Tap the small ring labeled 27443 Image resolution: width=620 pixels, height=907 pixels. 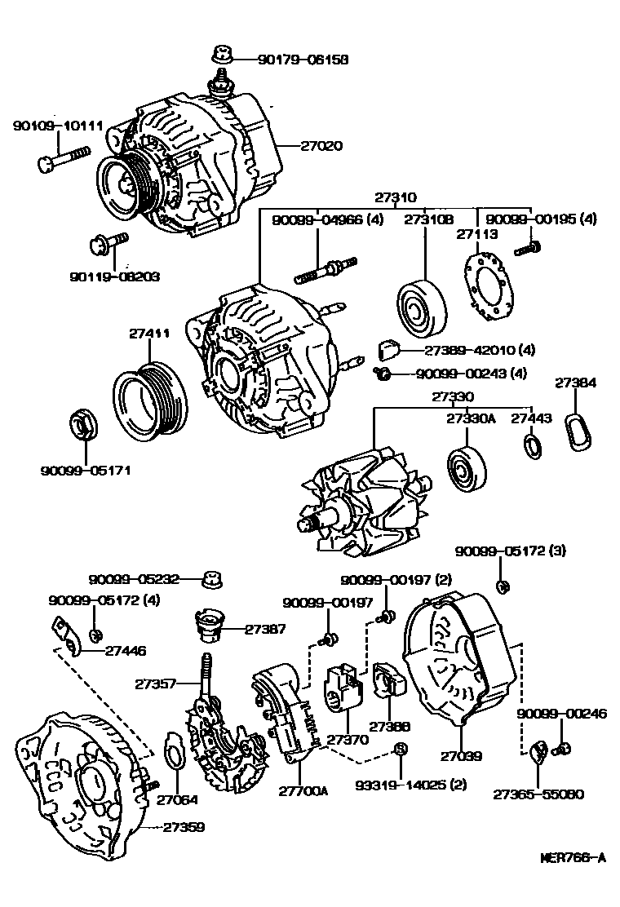click(x=531, y=446)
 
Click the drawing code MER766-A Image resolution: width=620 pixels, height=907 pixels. click(x=573, y=857)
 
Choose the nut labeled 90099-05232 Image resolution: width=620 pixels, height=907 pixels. click(x=215, y=581)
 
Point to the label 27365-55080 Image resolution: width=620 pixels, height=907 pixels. click(x=538, y=792)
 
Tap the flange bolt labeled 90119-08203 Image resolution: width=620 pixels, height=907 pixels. click(x=106, y=242)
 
